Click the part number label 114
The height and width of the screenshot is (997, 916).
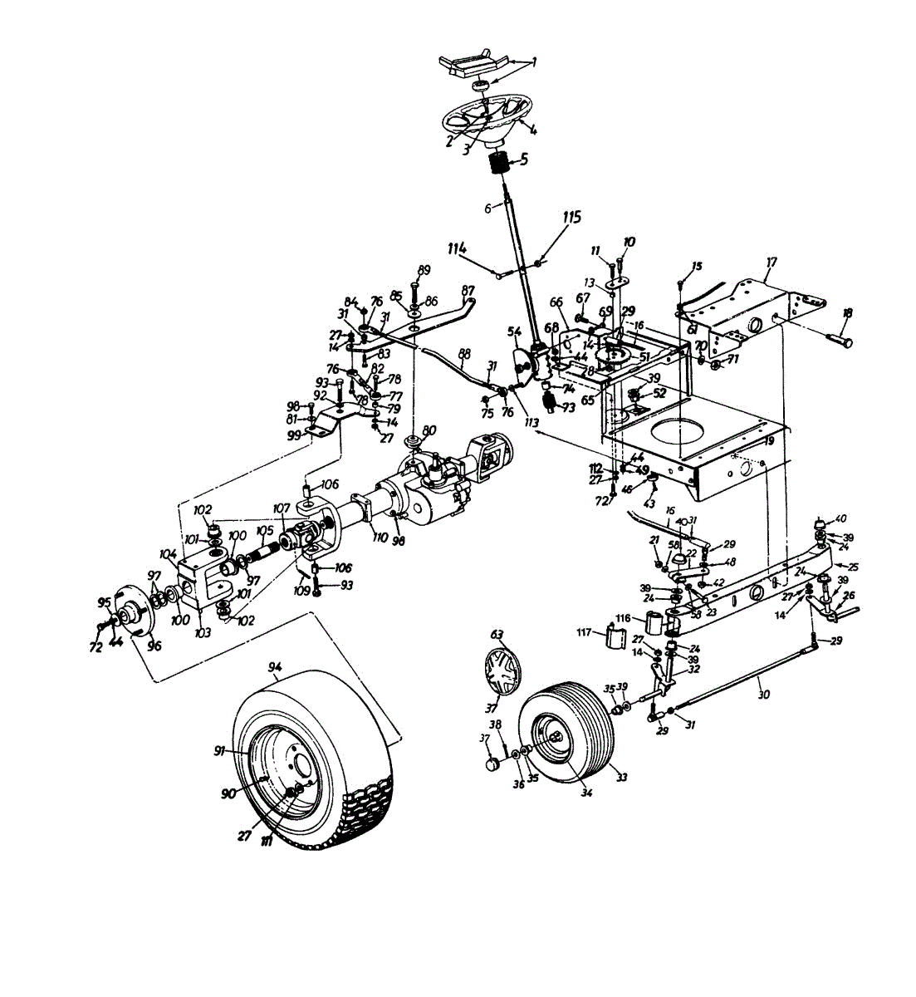458,248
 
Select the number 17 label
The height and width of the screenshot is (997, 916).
771,263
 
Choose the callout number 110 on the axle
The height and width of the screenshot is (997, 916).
381,537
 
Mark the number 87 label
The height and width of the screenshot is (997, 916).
469,291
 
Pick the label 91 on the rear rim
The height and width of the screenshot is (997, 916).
219,750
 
